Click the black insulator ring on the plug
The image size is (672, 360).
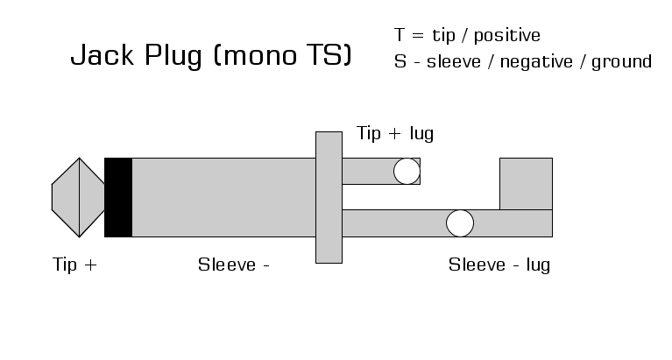[118, 197]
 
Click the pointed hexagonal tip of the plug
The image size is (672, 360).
[78, 197]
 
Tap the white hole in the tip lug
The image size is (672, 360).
[407, 171]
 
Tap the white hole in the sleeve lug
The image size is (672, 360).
[459, 223]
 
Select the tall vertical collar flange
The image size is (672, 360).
[329, 197]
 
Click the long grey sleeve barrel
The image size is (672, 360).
[223, 197]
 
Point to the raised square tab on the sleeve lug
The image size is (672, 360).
[526, 183]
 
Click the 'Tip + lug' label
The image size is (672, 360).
[395, 134]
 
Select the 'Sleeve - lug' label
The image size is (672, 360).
[499, 265]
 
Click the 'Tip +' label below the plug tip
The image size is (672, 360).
[75, 265]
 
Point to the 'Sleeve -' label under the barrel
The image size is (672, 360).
[233, 265]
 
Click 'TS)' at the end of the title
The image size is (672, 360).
[331, 58]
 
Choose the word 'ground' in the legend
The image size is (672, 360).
[622, 62]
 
